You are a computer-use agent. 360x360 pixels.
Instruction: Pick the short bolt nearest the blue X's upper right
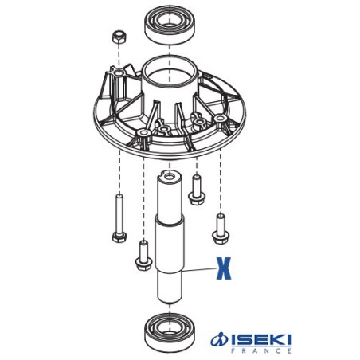pos(219,226)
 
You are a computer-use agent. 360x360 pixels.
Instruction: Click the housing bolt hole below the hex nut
pos(119,72)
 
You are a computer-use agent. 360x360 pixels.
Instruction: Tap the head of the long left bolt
pos(118,236)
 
